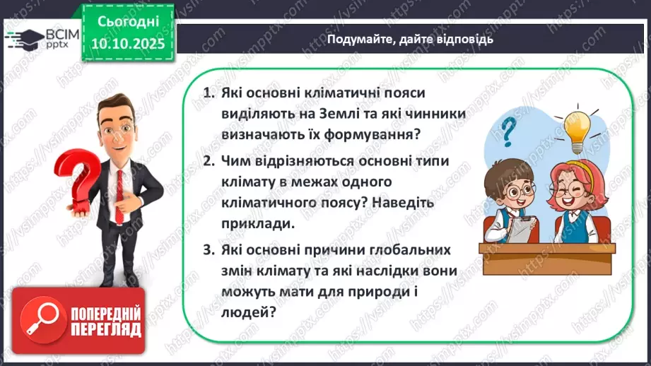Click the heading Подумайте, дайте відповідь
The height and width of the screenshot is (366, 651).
coord(410,39)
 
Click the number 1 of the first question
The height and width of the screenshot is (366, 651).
coord(208,93)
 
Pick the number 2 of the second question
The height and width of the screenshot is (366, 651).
coord(208,161)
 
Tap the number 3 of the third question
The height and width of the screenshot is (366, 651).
coord(208,251)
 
